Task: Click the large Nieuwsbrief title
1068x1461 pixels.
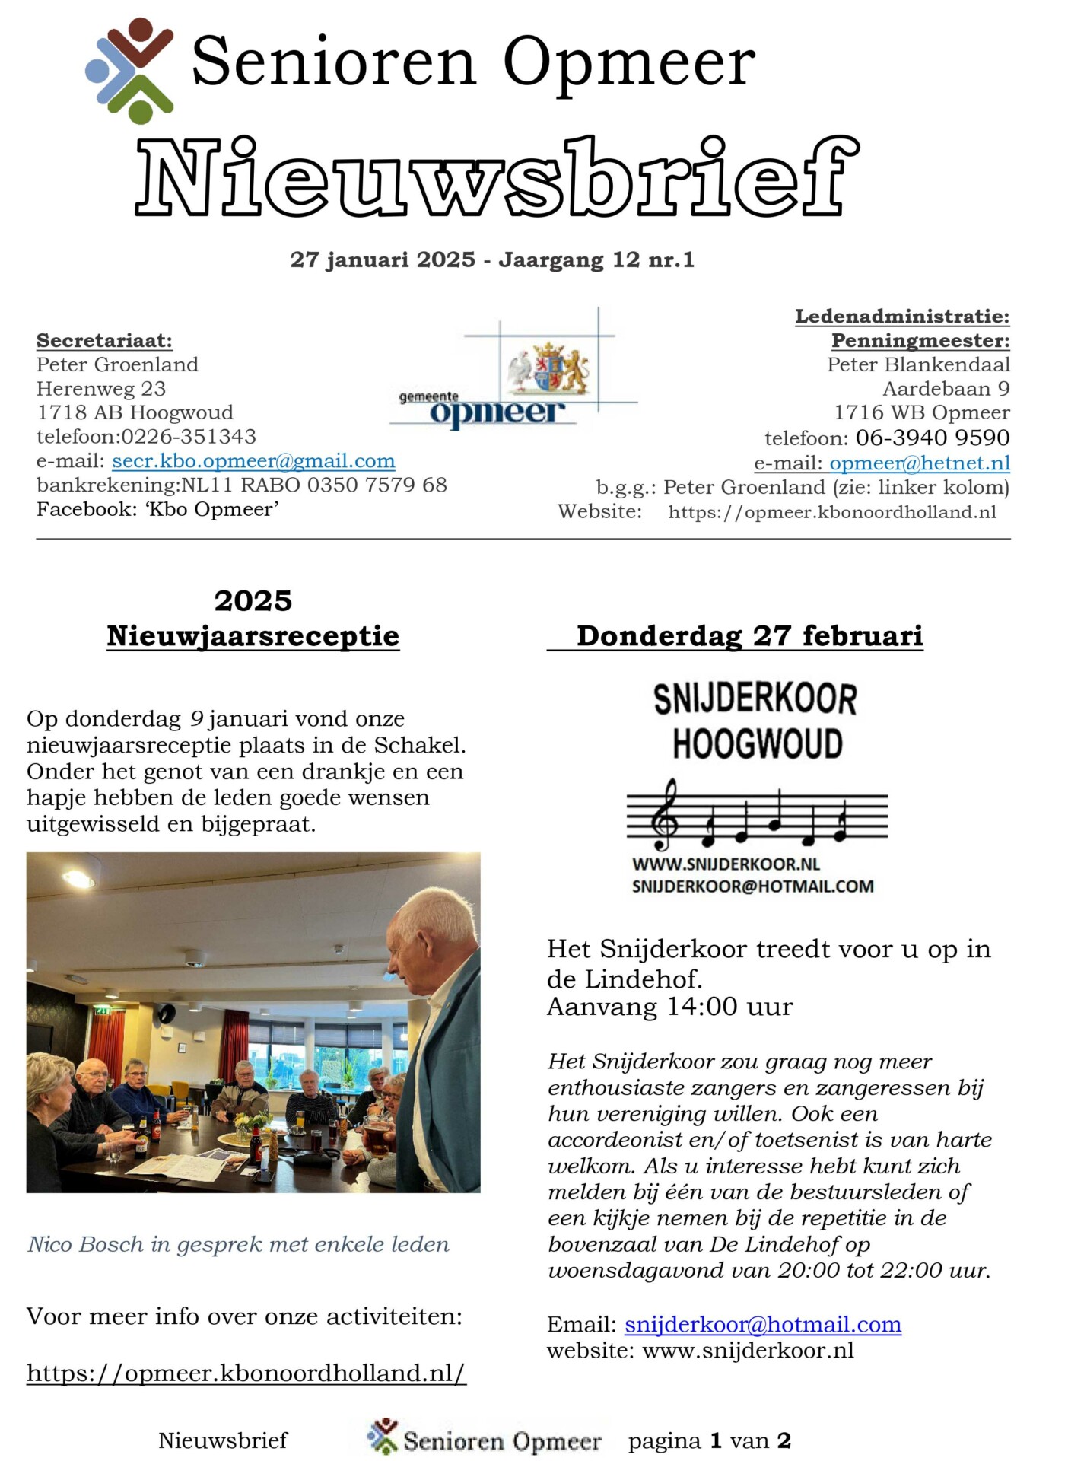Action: (x=498, y=178)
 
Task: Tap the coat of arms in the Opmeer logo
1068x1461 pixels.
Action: (x=549, y=368)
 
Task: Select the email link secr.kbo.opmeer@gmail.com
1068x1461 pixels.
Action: (x=253, y=461)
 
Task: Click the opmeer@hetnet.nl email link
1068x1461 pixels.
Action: (x=920, y=463)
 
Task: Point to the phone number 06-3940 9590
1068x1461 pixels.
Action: (x=933, y=438)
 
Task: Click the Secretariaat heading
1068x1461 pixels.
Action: (x=104, y=340)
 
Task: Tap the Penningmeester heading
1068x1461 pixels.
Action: (x=920, y=340)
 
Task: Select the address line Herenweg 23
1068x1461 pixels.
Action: (x=101, y=389)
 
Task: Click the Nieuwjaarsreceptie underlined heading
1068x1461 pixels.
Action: (x=253, y=636)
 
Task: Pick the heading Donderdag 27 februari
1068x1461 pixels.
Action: (x=749, y=636)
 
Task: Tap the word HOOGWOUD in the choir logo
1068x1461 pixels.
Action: (x=757, y=743)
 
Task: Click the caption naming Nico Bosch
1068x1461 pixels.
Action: (x=238, y=1244)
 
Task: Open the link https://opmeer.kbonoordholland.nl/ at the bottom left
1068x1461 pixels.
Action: (x=246, y=1373)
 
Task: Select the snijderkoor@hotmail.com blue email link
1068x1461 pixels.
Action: (x=763, y=1325)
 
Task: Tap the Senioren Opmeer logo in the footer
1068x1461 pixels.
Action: (x=485, y=1439)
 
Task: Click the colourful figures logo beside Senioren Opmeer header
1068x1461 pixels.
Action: (x=130, y=70)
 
